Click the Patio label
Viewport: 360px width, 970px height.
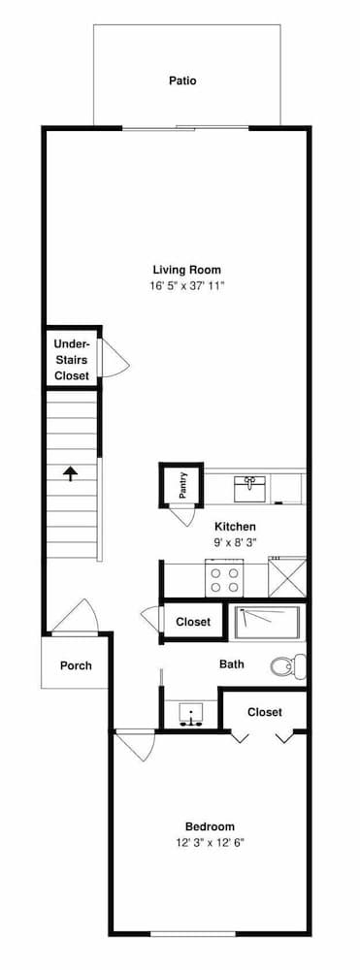tap(182, 81)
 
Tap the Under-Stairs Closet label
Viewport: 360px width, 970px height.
tap(72, 360)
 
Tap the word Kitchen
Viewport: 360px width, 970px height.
tap(235, 527)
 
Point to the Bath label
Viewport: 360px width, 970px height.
tap(232, 664)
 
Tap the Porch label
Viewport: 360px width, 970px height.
tap(76, 665)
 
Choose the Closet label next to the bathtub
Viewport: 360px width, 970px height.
tap(192, 622)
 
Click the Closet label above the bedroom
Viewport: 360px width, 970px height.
tap(264, 712)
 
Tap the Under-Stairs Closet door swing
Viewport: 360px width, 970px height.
tap(114, 360)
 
